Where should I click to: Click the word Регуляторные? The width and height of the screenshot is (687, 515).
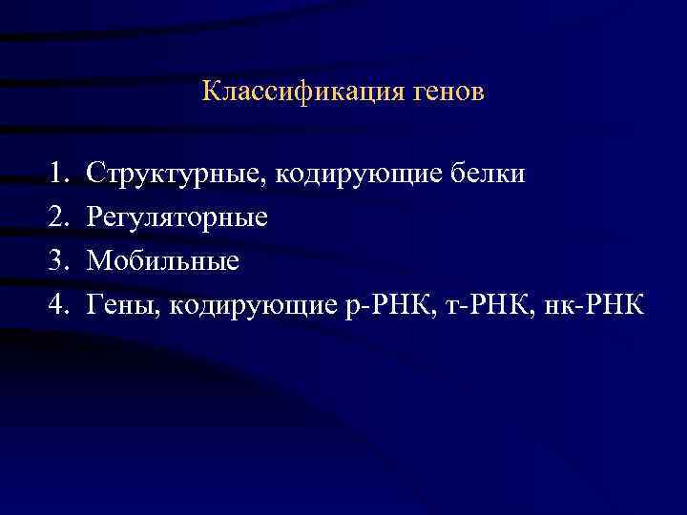coord(177,218)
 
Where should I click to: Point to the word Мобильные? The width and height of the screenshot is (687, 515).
coord(162,260)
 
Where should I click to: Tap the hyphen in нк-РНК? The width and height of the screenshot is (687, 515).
coord(582,305)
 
